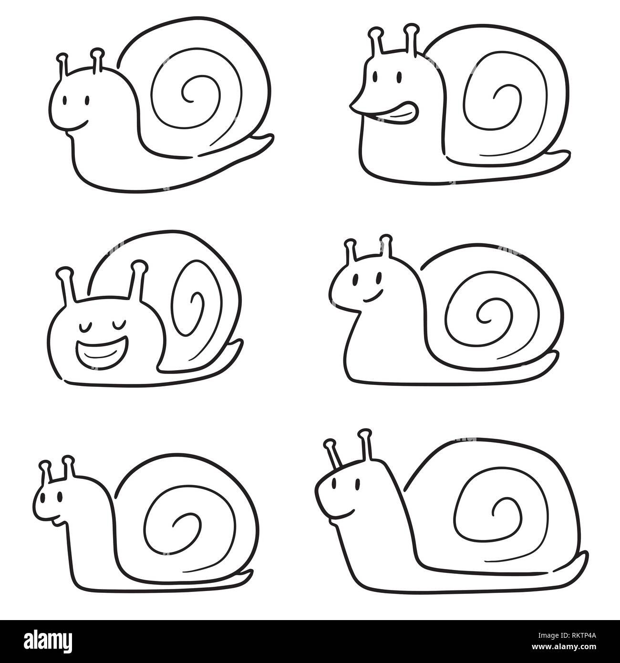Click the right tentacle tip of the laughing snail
pos(139,264)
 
